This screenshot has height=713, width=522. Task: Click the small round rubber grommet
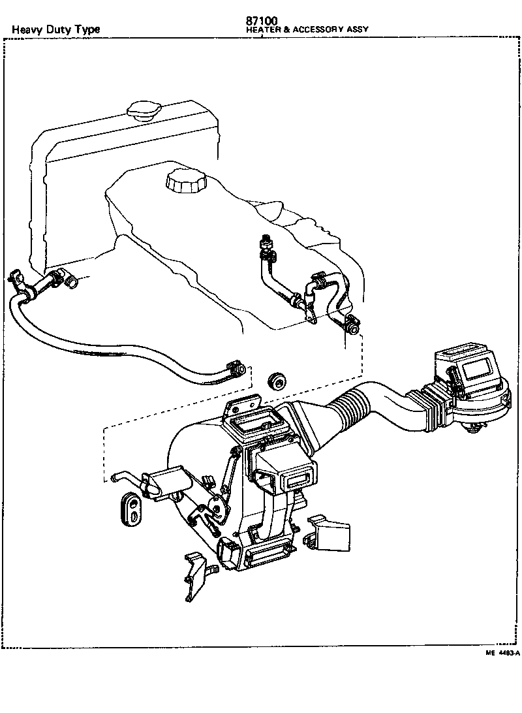click(x=278, y=381)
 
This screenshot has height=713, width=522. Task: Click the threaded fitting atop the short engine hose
click(x=266, y=242)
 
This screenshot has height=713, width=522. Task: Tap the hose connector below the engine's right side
click(x=352, y=324)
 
